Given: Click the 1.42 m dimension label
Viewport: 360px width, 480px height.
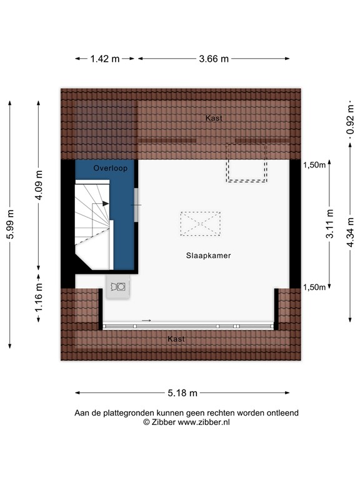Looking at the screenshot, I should point(105,59).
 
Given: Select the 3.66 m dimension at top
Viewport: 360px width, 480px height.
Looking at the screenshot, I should point(214,59).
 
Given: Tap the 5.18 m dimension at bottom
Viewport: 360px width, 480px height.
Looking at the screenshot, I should point(182,393).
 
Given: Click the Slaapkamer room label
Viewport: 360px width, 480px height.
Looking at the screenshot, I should point(208,256).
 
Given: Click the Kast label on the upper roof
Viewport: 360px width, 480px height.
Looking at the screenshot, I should point(214,117).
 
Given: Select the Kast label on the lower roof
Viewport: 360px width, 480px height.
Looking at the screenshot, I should point(176,339).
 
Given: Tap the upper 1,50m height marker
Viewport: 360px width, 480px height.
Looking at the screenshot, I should point(314,165).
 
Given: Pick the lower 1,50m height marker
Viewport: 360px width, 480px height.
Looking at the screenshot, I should point(314,287).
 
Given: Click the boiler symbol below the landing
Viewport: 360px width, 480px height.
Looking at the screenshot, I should point(118,287).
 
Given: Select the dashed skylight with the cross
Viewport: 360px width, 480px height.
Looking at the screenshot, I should point(200,223).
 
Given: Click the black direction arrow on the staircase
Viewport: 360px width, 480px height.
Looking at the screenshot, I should point(106,204).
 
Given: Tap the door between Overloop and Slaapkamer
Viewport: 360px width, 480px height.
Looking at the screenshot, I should point(136,204).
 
